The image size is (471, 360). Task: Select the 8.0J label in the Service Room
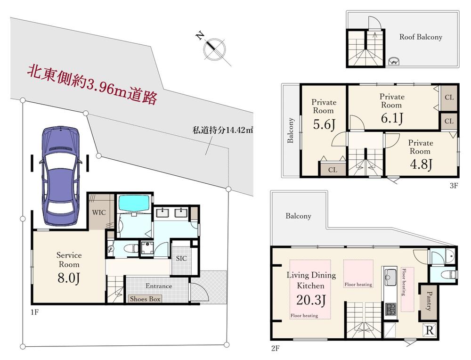69,278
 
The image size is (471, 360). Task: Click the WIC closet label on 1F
99,213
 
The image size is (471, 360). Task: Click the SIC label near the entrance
181,258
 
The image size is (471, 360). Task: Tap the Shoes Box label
145,299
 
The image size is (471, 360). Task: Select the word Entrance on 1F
159,286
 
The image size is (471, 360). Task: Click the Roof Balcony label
421,37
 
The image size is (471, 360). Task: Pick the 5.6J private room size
324,124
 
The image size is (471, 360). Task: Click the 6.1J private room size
392,118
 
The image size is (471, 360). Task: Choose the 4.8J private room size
421,164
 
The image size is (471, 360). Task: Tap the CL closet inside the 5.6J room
333,170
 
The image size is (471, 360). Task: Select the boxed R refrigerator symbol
430,331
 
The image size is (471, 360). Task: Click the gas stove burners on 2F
390,309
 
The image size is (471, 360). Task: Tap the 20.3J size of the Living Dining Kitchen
311,300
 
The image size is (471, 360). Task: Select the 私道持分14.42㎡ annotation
223,131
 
